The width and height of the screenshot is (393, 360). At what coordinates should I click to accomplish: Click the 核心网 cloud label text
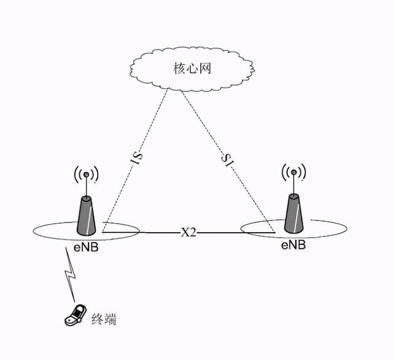192,68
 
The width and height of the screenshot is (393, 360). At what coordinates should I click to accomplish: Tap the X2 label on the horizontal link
188,233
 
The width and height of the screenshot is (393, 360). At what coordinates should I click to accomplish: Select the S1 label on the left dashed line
138,158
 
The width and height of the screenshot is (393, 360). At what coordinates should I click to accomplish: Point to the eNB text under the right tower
293,245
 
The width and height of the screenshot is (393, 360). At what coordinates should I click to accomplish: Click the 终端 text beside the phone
103,319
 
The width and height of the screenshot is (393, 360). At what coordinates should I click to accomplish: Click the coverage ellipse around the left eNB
46,232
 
